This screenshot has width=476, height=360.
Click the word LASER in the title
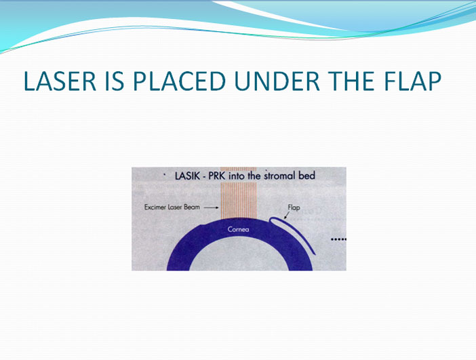pos(60,81)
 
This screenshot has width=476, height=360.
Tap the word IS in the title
pos(115,81)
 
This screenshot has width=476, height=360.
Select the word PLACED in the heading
pos(180,81)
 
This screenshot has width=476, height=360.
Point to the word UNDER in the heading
pos(277,81)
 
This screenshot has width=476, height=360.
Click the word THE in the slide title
pos(351,81)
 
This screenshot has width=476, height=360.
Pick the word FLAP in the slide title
pos(412,81)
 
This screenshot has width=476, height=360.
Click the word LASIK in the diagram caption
pos(187,176)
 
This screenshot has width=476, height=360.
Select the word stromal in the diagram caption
pos(280,176)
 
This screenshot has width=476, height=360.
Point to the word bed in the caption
pos(307,176)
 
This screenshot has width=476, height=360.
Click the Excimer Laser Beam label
pos(172,207)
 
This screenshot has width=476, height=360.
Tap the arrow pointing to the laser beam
pos(212,207)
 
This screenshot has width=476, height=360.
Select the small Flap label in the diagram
pos(294,207)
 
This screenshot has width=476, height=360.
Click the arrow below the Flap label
pos(286,215)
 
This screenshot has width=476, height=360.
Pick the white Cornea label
pos(238,229)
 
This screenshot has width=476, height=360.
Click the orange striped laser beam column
pos(239,193)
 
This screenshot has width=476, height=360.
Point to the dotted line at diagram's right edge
pos(338,239)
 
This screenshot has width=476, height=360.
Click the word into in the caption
pos(237,176)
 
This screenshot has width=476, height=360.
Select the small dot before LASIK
pos(165,175)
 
